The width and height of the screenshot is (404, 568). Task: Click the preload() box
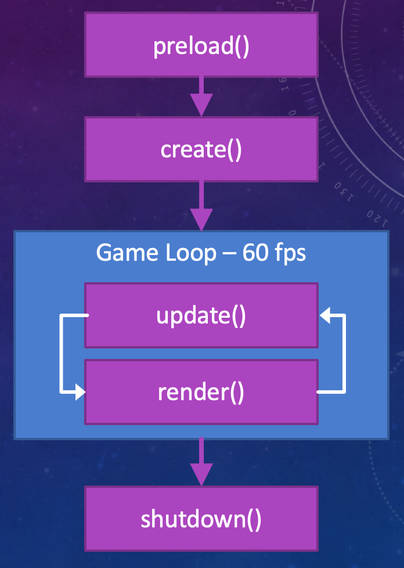pos(201,45)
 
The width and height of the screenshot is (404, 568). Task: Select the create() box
pos(201,149)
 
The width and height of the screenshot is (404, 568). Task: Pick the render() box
pos(201,392)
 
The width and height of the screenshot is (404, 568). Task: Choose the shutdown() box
pos(201,519)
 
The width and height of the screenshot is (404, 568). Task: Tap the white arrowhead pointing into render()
pos(80,393)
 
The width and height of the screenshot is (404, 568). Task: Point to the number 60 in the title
pos(254,253)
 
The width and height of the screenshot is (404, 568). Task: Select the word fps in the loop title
pos(290,254)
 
